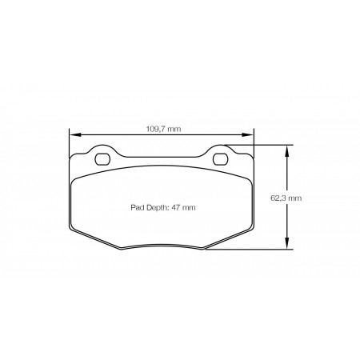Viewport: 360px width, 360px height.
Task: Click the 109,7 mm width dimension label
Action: pyautogui.click(x=163, y=129)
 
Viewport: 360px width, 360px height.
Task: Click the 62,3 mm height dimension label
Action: pyautogui.click(x=286, y=198)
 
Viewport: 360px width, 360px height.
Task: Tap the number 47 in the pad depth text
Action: pyautogui.click(x=175, y=207)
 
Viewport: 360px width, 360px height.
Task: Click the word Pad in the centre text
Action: pyautogui.click(x=136, y=207)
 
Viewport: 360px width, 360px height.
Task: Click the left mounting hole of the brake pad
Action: pyautogui.click(x=102, y=159)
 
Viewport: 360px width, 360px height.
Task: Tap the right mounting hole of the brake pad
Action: pyautogui.click(x=221, y=159)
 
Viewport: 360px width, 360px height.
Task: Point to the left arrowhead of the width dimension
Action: pyautogui.click(x=74, y=135)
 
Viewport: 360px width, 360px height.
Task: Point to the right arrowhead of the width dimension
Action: pyautogui.click(x=247, y=135)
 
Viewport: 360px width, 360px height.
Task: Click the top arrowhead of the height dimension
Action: pyautogui.click(x=287, y=150)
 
